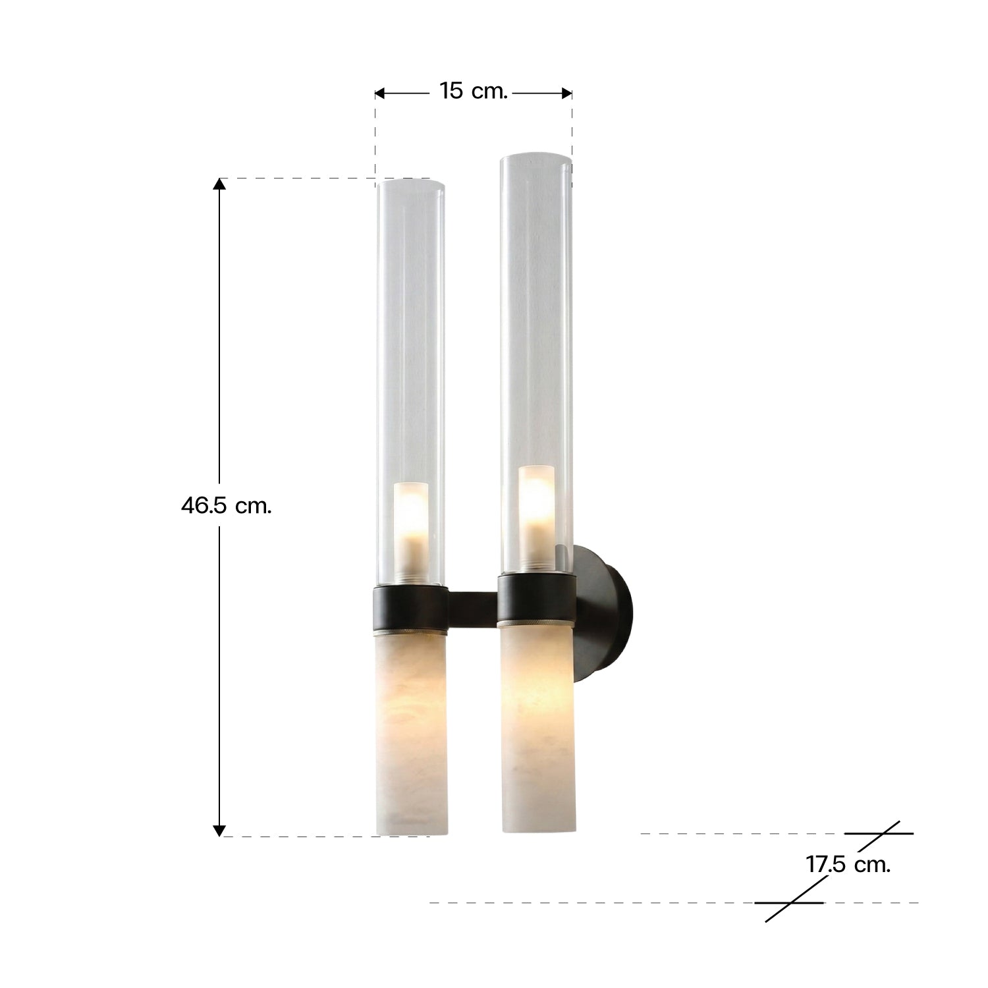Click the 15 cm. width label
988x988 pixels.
pos(473,91)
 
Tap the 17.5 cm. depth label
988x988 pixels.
pos(848,864)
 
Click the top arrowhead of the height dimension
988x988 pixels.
pos(219,184)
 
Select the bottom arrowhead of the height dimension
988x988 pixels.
pos(219,831)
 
